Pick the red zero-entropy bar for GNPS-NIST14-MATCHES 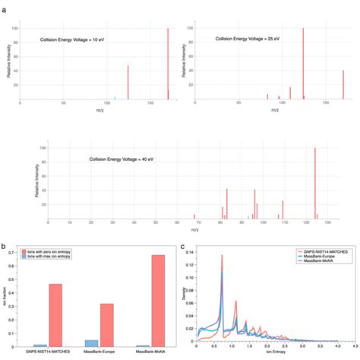click(55, 315)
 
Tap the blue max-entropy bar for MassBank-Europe click(91, 343)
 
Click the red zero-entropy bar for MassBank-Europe click(107, 325)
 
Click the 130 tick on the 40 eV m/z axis click(326, 223)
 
